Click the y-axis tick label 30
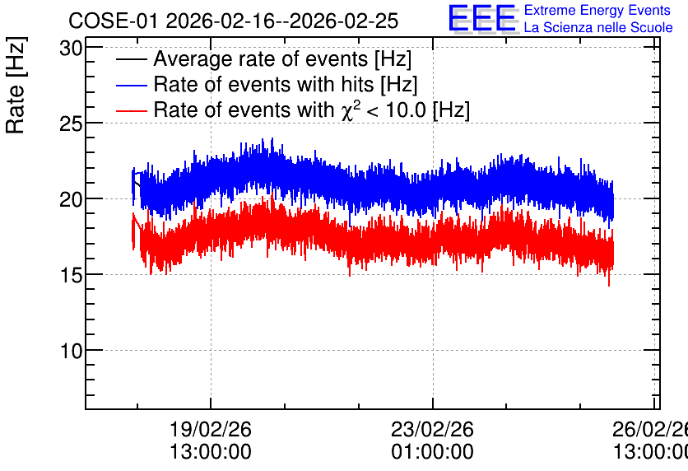(x=71, y=49)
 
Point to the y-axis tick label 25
(x=71, y=124)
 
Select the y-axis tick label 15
(x=71, y=276)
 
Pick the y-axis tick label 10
(x=71, y=351)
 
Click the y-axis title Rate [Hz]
(x=16, y=85)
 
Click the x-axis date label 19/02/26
(x=211, y=429)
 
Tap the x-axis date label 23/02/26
(x=433, y=429)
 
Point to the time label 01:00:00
(x=433, y=452)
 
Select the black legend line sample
(x=131, y=59)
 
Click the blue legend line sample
(x=131, y=85)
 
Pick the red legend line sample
(x=131, y=110)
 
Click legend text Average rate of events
(x=261, y=59)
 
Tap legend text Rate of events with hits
(x=263, y=84)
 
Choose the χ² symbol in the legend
(x=351, y=110)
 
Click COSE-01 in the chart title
(x=113, y=21)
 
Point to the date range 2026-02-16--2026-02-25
(x=282, y=21)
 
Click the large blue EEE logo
(x=482, y=18)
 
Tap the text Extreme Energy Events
(x=597, y=10)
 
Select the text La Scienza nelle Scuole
(x=598, y=28)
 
